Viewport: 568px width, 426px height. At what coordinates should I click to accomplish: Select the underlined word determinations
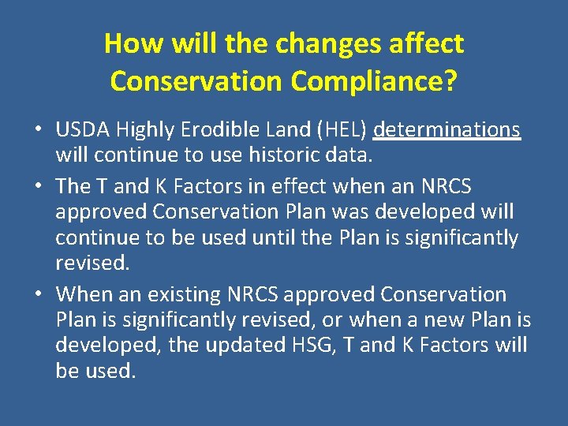coord(447,129)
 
